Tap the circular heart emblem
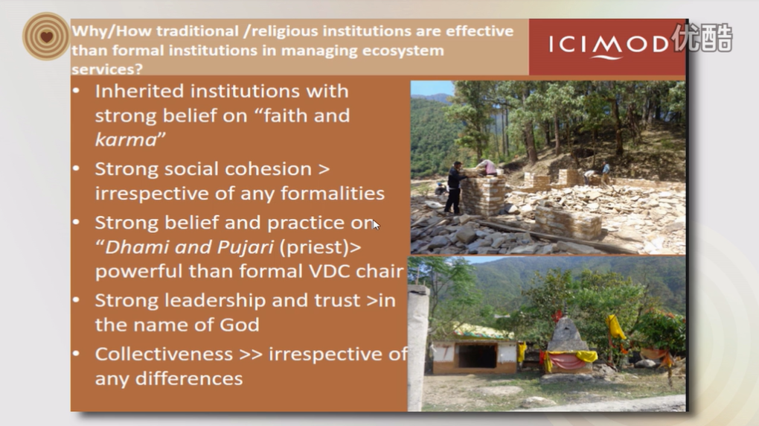click(x=46, y=36)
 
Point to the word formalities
click(x=333, y=193)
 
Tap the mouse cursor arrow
click(x=376, y=224)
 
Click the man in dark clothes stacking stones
click(x=455, y=188)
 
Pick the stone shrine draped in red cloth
click(x=567, y=346)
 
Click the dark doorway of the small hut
click(x=477, y=356)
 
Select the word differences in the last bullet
click(x=189, y=378)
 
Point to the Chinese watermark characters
click(x=702, y=37)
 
